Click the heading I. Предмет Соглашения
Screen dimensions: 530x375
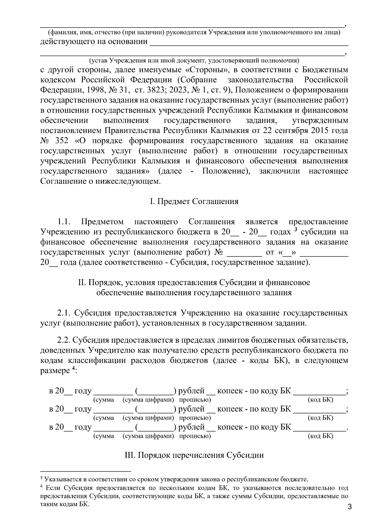click(194, 201)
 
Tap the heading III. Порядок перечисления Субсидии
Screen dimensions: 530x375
click(194, 455)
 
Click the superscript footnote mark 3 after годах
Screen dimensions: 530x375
click(295, 230)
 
